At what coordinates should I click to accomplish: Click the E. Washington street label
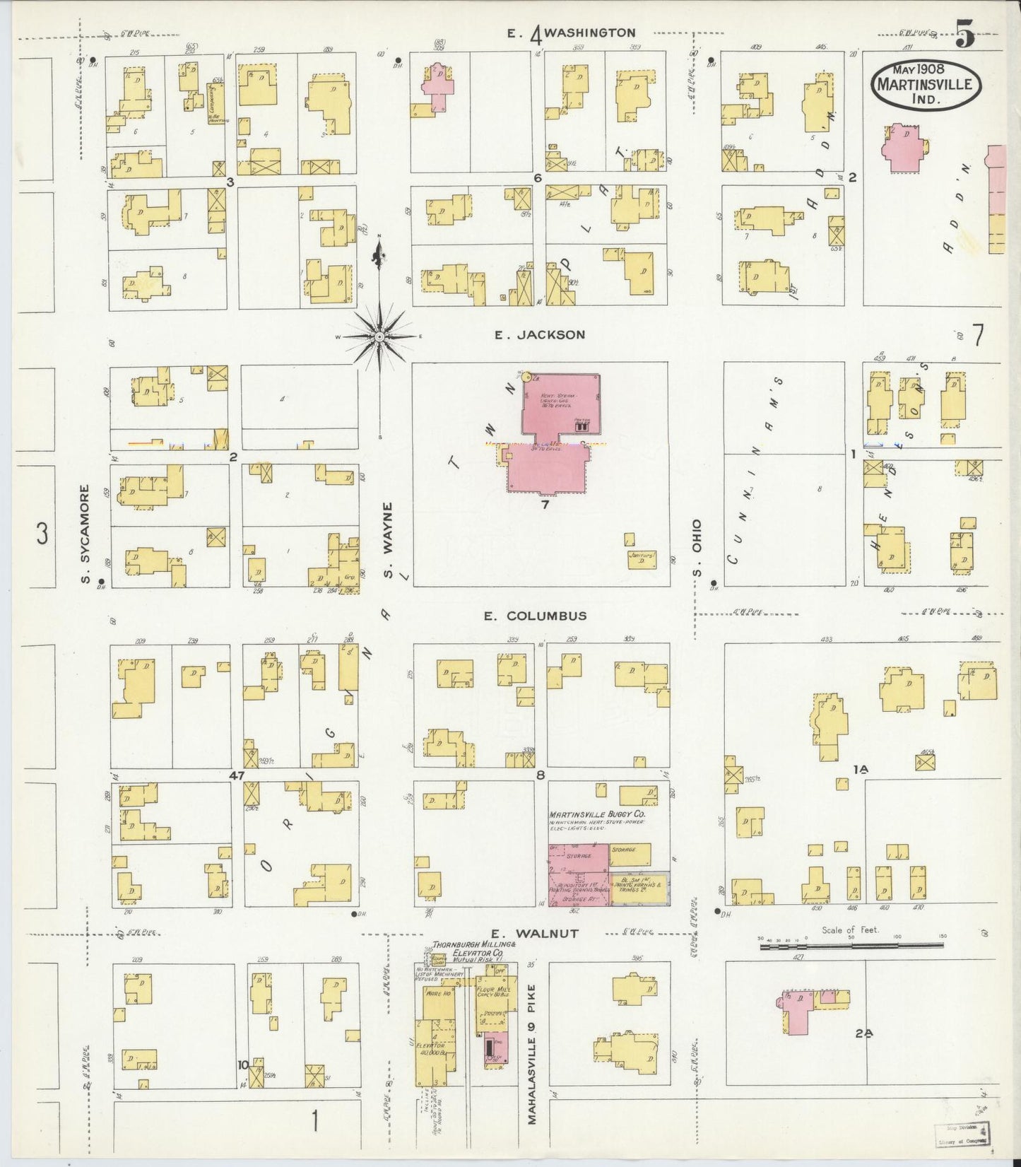tap(572, 33)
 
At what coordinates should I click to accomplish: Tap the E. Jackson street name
tap(540, 335)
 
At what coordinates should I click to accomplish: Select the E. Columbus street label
tap(535, 616)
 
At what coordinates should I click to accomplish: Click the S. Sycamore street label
tap(85, 534)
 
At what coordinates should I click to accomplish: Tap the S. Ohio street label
tap(697, 548)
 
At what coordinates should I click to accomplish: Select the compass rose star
tap(380, 336)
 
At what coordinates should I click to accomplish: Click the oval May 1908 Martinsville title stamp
tap(925, 85)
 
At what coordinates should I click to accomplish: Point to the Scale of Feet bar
tap(851, 945)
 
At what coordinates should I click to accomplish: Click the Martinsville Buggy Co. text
tap(596, 814)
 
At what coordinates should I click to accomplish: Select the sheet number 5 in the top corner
tap(964, 35)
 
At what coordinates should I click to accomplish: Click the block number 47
tap(236, 775)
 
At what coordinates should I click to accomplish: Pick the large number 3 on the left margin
tap(42, 534)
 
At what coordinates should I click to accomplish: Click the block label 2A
tap(863, 1033)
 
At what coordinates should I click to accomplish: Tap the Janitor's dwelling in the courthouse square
tap(642, 559)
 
